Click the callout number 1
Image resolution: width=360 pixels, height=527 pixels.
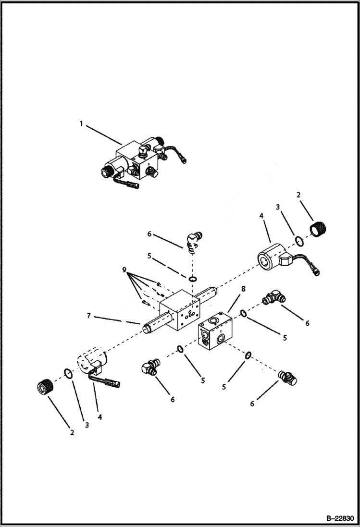click(x=81, y=124)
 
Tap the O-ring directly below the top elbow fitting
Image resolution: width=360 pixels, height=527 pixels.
click(x=192, y=279)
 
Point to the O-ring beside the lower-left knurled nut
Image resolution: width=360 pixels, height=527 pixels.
click(x=69, y=374)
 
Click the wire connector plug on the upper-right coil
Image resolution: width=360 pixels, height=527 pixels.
click(x=316, y=272)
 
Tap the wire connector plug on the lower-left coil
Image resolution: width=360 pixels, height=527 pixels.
click(x=114, y=383)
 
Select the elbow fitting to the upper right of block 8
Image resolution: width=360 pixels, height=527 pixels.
click(x=273, y=297)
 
